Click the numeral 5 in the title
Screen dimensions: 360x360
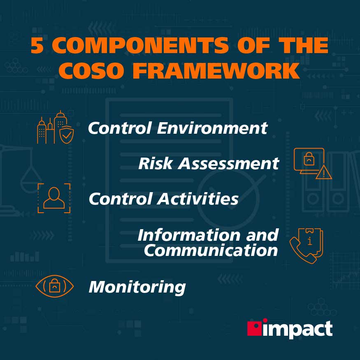pyautogui.click(x=37, y=46)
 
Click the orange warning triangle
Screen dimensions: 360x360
pyautogui.click(x=324, y=173)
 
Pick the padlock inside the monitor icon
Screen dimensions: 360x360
pyautogui.click(x=308, y=159)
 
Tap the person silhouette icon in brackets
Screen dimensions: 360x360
pyautogui.click(x=54, y=198)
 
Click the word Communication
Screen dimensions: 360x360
pyautogui.click(x=211, y=251)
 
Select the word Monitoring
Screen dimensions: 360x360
pyautogui.click(x=137, y=287)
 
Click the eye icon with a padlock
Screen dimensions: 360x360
pyautogui.click(x=54, y=286)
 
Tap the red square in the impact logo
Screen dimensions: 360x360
pyautogui.click(x=254, y=328)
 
